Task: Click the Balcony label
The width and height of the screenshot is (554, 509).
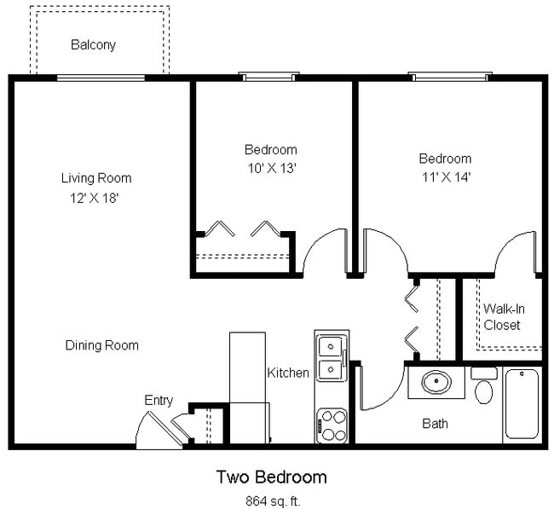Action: click(x=93, y=44)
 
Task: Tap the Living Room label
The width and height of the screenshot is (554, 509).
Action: click(x=95, y=178)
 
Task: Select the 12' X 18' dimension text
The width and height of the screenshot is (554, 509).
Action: click(x=95, y=198)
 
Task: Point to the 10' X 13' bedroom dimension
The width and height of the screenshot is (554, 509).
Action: click(x=270, y=168)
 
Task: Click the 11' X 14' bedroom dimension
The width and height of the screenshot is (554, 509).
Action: click(x=444, y=176)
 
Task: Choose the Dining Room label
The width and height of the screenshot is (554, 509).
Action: click(x=101, y=345)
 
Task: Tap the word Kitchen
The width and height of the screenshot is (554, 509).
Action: click(x=288, y=373)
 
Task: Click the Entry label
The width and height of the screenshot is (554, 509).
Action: click(x=159, y=400)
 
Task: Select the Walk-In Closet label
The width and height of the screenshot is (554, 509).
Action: click(x=502, y=316)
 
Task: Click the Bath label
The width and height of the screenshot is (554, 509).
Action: click(x=435, y=423)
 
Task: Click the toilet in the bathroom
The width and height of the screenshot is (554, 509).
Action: click(x=483, y=387)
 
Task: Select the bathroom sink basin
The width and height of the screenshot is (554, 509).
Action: click(x=436, y=382)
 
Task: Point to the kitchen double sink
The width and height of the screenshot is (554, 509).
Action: click(x=331, y=358)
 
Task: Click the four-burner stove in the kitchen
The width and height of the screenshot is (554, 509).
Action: click(x=332, y=425)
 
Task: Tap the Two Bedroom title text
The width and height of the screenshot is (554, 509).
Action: click(x=270, y=477)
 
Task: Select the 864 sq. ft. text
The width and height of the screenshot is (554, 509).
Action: click(x=270, y=500)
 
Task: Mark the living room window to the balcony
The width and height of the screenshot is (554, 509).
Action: click(x=100, y=78)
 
